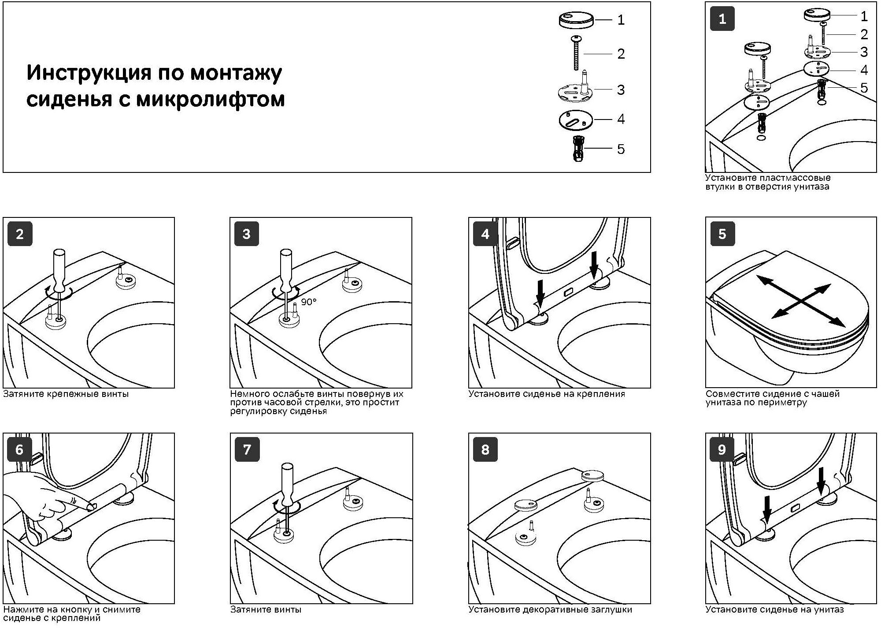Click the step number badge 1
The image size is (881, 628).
point(722,19)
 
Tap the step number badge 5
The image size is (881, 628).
point(722,234)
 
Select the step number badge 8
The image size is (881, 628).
point(485,449)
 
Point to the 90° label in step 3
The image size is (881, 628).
point(309,302)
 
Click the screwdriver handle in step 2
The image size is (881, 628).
point(59,269)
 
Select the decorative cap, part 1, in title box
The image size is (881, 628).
point(576,20)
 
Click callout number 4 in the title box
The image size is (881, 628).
point(621,119)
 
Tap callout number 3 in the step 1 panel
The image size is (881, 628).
point(864,52)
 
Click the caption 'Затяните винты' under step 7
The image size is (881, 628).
point(266,610)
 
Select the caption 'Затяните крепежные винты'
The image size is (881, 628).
point(66,394)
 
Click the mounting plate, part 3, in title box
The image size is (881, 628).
point(575,90)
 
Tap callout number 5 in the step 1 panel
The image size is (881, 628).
point(864,88)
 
